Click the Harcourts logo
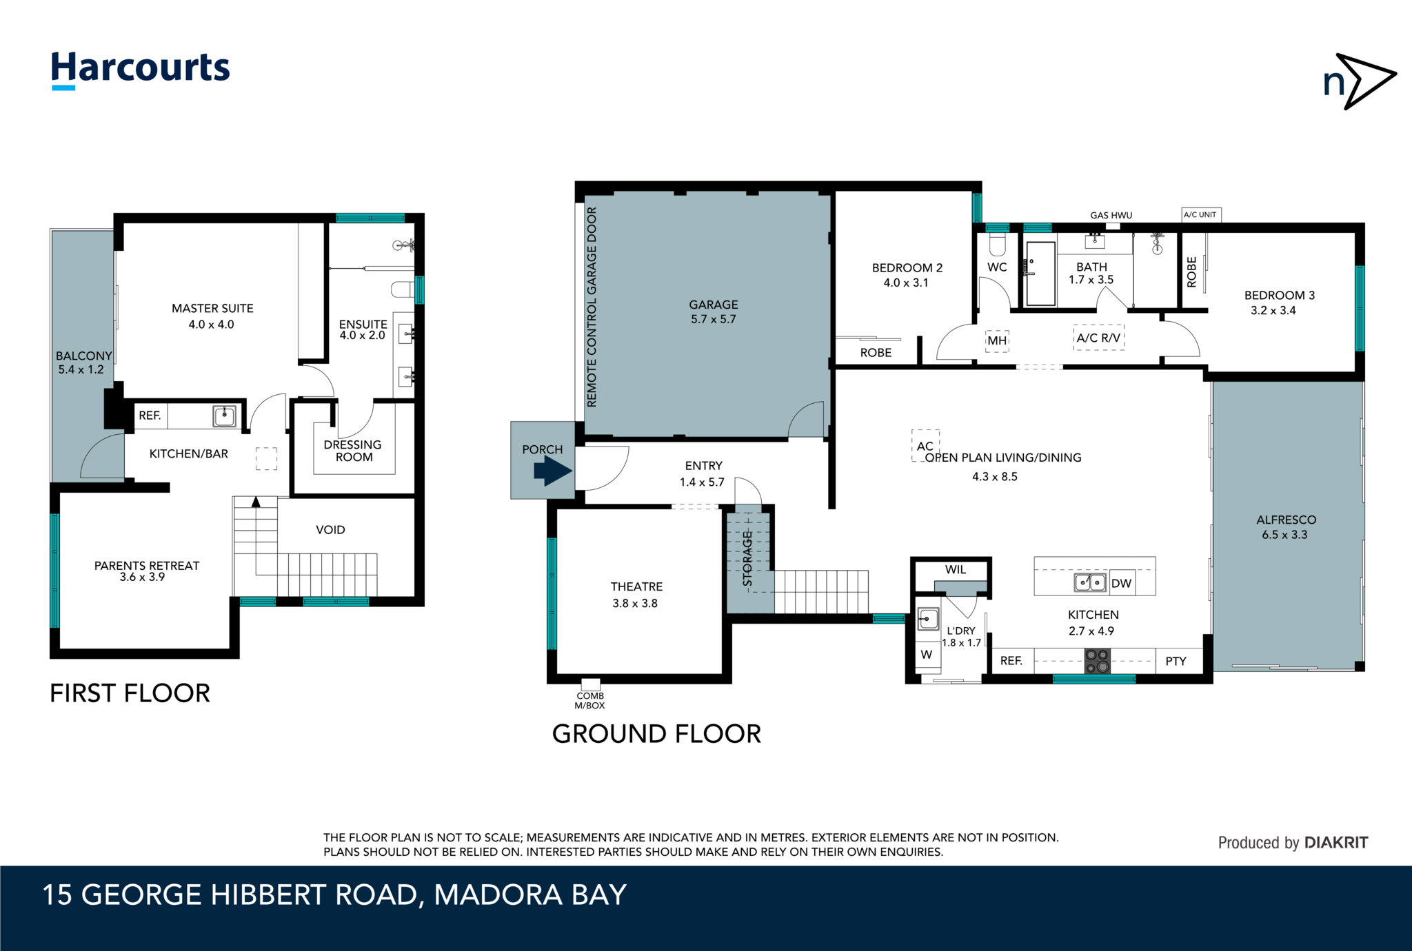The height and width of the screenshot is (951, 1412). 141,70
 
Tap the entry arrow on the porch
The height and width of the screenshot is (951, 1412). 553,472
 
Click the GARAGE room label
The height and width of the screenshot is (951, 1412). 714,305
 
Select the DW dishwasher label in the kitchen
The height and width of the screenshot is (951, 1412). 1122,584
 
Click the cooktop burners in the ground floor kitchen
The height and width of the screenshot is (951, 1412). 1097,661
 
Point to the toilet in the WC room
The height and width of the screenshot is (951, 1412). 998,244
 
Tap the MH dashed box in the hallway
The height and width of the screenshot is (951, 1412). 997,340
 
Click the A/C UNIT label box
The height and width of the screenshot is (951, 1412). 1201,215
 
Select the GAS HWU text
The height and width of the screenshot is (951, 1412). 1111,215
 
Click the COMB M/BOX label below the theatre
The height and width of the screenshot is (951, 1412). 590,700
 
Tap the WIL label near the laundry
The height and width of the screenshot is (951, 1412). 956,569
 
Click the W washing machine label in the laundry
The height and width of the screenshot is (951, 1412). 927,655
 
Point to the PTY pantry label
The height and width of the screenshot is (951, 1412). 1176,661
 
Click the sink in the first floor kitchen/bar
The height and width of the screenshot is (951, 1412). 224,416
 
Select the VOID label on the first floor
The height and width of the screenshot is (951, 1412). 330,530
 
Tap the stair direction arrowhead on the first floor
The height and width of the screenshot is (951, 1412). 256,502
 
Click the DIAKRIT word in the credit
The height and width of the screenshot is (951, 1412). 1336,842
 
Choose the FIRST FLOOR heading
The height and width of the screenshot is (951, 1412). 130,693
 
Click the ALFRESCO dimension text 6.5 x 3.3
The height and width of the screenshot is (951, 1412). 1284,535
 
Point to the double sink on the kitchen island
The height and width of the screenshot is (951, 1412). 1090,583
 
